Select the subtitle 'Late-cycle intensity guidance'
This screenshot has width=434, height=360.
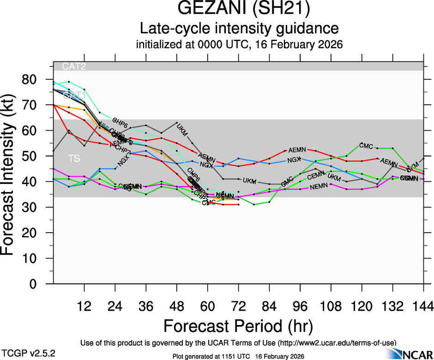[x=240, y=29]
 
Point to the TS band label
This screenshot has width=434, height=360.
[x=74, y=158]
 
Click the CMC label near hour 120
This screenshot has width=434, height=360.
[x=366, y=146]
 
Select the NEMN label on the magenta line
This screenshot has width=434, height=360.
[x=319, y=186]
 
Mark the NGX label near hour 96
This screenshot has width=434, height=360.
[x=294, y=160]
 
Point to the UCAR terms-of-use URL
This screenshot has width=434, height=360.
[x=337, y=342]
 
